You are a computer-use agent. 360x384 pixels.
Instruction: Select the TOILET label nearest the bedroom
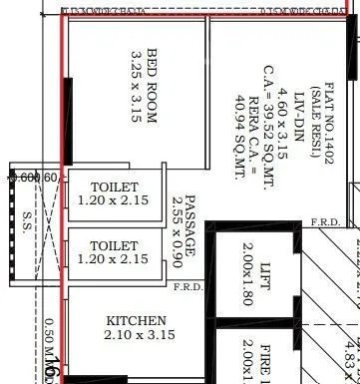click(x=115, y=188)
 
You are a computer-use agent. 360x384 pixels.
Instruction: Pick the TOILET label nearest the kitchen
click(x=115, y=245)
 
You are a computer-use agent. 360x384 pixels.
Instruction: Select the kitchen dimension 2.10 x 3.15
click(x=137, y=335)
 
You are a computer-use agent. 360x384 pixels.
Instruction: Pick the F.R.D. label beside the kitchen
click(x=187, y=288)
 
